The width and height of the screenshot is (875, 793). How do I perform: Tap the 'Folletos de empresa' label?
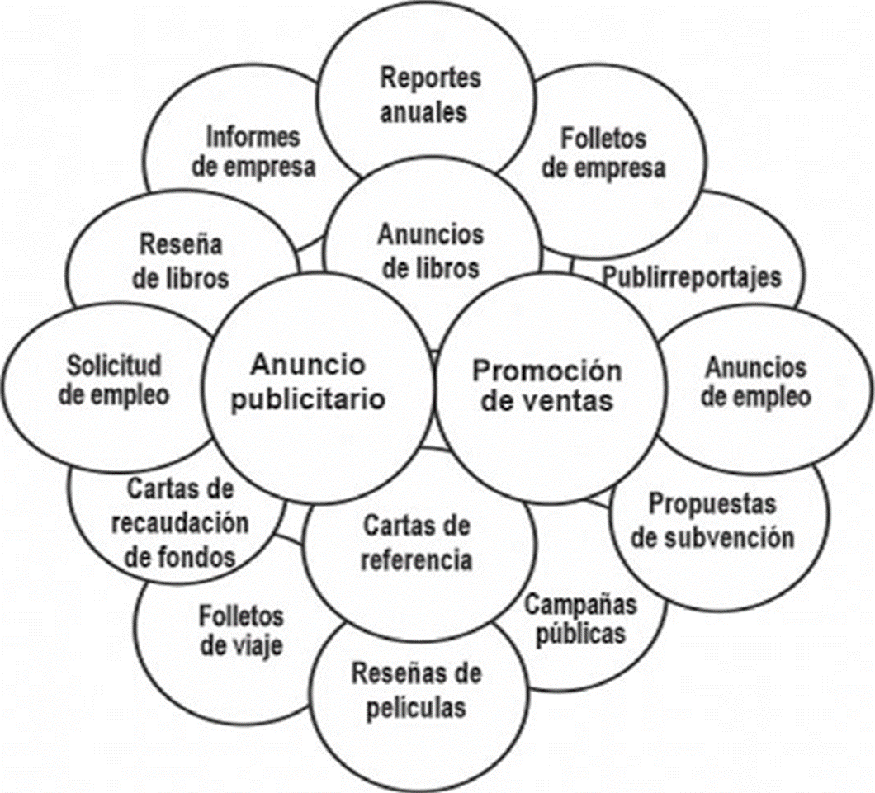(x=609, y=152)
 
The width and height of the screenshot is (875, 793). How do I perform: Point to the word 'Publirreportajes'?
(x=691, y=276)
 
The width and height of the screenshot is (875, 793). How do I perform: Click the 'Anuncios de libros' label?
(x=430, y=251)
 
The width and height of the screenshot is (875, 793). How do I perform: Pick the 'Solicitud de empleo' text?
(x=115, y=380)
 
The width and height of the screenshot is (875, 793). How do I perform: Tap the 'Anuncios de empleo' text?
(x=756, y=381)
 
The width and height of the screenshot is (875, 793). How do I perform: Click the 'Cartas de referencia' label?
(x=417, y=542)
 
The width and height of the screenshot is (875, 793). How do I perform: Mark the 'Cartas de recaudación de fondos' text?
(x=181, y=522)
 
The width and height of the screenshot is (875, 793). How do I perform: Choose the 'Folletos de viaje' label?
(x=241, y=630)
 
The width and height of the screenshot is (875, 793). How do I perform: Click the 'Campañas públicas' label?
(x=581, y=619)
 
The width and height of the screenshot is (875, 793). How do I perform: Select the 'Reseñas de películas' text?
(x=416, y=690)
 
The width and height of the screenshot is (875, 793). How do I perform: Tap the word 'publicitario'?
(x=308, y=399)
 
